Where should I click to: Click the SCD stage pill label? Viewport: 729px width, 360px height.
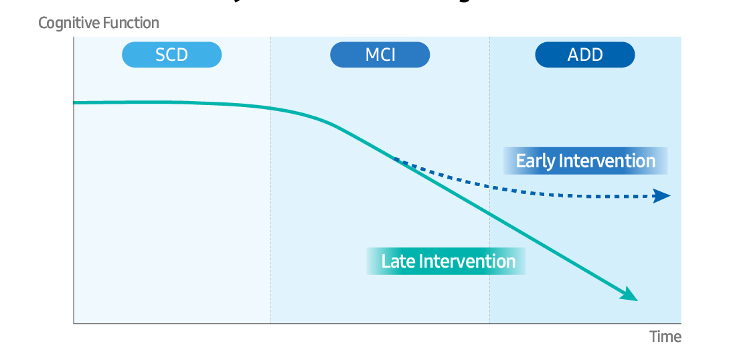click(171, 55)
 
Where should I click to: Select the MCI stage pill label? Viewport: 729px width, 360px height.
click(380, 55)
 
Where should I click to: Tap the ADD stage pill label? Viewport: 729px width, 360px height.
click(584, 55)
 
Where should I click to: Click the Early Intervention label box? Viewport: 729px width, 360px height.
click(585, 161)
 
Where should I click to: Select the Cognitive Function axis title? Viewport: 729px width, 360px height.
click(98, 23)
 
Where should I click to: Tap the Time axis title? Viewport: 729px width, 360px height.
click(665, 337)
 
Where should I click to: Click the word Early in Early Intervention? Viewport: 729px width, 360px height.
click(535, 161)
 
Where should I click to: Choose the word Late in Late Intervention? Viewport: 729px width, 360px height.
click(398, 261)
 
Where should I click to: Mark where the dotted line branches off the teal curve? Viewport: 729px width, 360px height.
click(394, 158)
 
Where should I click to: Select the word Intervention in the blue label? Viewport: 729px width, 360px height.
click(606, 161)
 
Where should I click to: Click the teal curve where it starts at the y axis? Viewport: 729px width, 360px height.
click(74, 102)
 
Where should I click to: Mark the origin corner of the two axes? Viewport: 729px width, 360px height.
click(74, 323)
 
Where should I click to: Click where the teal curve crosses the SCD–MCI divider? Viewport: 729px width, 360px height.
click(270, 108)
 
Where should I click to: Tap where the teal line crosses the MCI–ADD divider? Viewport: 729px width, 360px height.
click(489, 214)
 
